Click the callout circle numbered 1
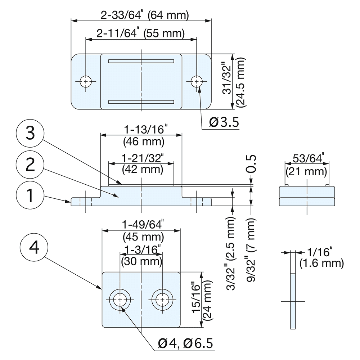(x=30, y=196)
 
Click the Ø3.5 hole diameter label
(x=224, y=122)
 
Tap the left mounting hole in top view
(x=86, y=82)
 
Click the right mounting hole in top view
(x=197, y=82)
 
